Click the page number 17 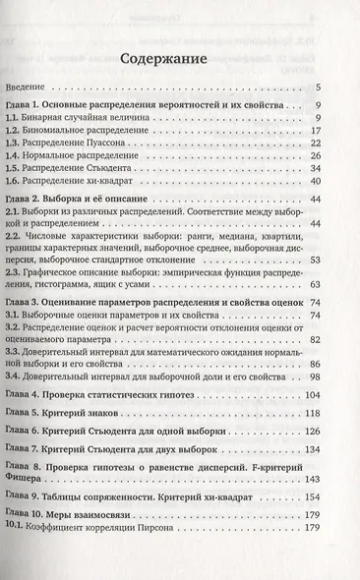click(315, 130)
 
